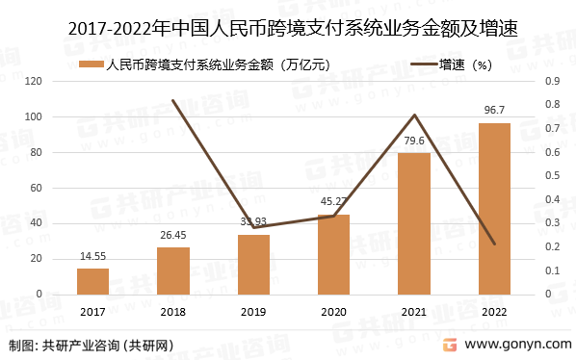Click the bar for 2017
[92, 281]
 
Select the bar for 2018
[173, 270]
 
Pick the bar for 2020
[333, 254]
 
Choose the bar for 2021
[414, 223]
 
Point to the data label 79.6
[414, 141]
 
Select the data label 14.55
[92, 257]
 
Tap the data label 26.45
[173, 236]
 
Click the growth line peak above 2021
[414, 116]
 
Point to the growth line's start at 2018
[173, 100]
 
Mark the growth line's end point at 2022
[494, 244]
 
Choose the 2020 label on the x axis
[333, 312]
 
